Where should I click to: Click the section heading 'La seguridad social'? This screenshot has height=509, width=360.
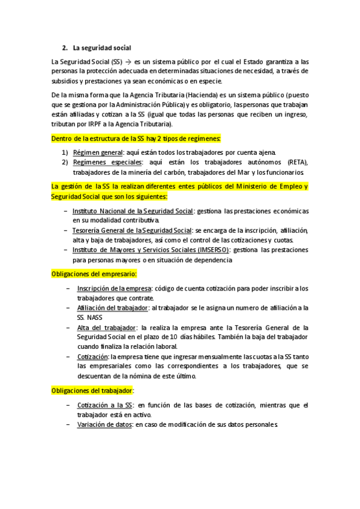[101, 47]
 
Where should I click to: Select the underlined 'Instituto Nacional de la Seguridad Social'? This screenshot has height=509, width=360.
[133, 211]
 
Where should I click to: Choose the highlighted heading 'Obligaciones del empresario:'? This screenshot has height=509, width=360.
[94, 274]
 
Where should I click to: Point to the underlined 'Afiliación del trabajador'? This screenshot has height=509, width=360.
[112, 308]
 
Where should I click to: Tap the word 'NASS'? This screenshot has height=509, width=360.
[95, 318]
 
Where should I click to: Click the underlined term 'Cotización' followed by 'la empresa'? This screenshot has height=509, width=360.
[92, 357]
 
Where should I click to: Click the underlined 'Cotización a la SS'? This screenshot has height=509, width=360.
[104, 406]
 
